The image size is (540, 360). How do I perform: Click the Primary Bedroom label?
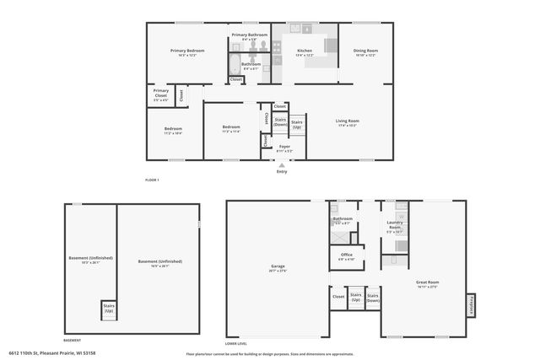point(187,52)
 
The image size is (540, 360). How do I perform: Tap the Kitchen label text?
point(305,52)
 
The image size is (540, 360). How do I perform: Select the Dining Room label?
point(365,52)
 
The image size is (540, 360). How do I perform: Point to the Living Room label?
point(348,122)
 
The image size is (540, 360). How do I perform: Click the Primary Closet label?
point(160,96)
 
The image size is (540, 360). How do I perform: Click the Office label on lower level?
point(346,255)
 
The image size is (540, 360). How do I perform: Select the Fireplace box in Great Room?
point(470,305)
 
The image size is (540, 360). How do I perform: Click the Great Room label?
point(428,284)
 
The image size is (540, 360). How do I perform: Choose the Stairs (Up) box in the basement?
point(108,309)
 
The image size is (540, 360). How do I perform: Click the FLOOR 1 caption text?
point(152,180)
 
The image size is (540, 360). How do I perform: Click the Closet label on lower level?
point(338,298)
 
